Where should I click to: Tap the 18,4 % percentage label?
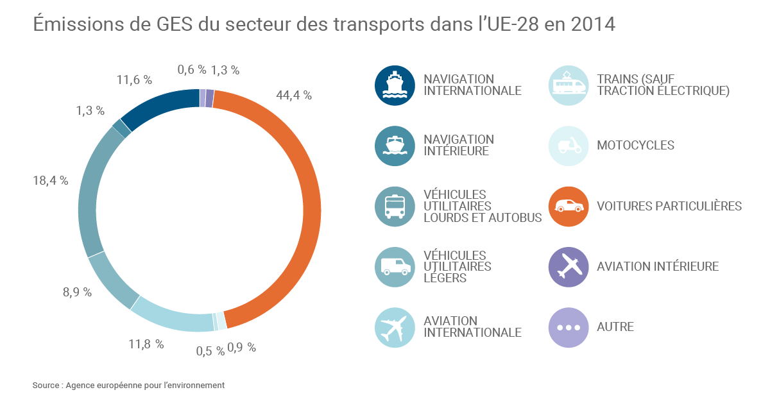point(50,180)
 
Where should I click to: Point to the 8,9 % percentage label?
point(77,293)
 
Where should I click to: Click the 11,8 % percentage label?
point(146,344)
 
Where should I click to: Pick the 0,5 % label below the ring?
point(210,350)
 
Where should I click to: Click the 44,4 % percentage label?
point(293,95)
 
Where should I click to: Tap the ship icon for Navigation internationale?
point(395,85)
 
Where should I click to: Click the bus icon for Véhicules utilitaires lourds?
point(395,207)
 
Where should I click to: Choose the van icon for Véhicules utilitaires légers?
point(395,267)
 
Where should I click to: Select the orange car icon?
point(569,207)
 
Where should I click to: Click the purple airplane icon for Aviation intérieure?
point(569,267)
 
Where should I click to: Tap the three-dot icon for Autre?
point(569,327)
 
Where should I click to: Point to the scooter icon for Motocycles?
point(569,146)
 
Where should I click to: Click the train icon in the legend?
point(569,85)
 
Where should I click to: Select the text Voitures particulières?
point(669,207)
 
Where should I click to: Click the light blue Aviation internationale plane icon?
point(395,327)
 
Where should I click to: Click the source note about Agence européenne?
point(128,385)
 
